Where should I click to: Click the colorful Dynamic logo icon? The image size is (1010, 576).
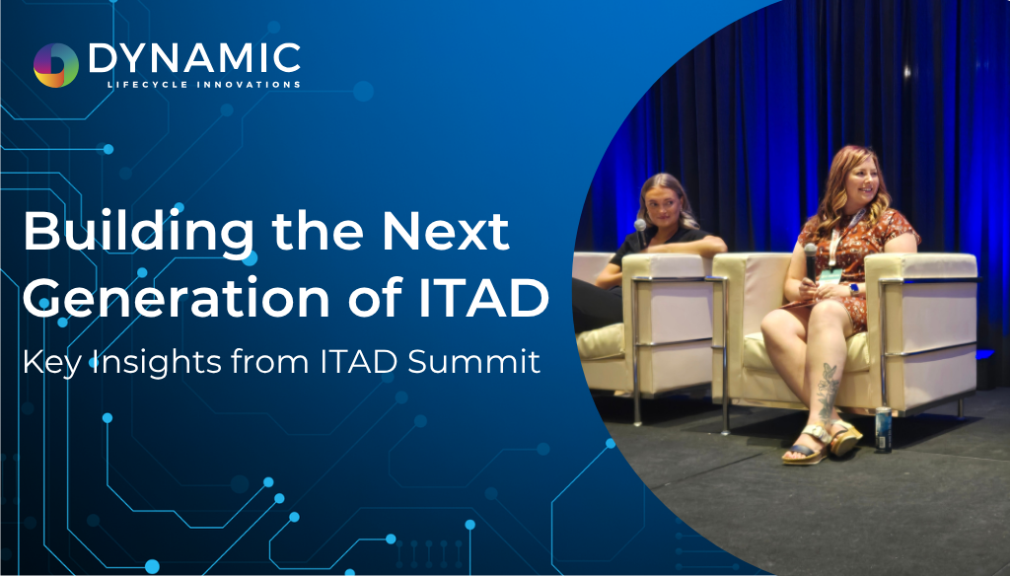56,65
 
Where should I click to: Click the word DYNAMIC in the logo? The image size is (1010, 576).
194,58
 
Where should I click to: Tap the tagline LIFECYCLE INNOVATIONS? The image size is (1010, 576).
203,85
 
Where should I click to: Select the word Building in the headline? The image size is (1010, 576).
138,233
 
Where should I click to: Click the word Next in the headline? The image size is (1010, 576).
446,232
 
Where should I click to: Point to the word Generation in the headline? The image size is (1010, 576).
180,299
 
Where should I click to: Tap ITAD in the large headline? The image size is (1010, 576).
483,298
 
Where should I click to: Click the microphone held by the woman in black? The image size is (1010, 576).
641,232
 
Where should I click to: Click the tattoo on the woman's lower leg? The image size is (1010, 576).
827,391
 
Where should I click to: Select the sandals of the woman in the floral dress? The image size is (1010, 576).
822,442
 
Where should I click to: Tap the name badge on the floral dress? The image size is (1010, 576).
831,277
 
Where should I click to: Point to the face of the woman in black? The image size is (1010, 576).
660,206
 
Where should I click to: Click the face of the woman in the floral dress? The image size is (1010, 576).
859,181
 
